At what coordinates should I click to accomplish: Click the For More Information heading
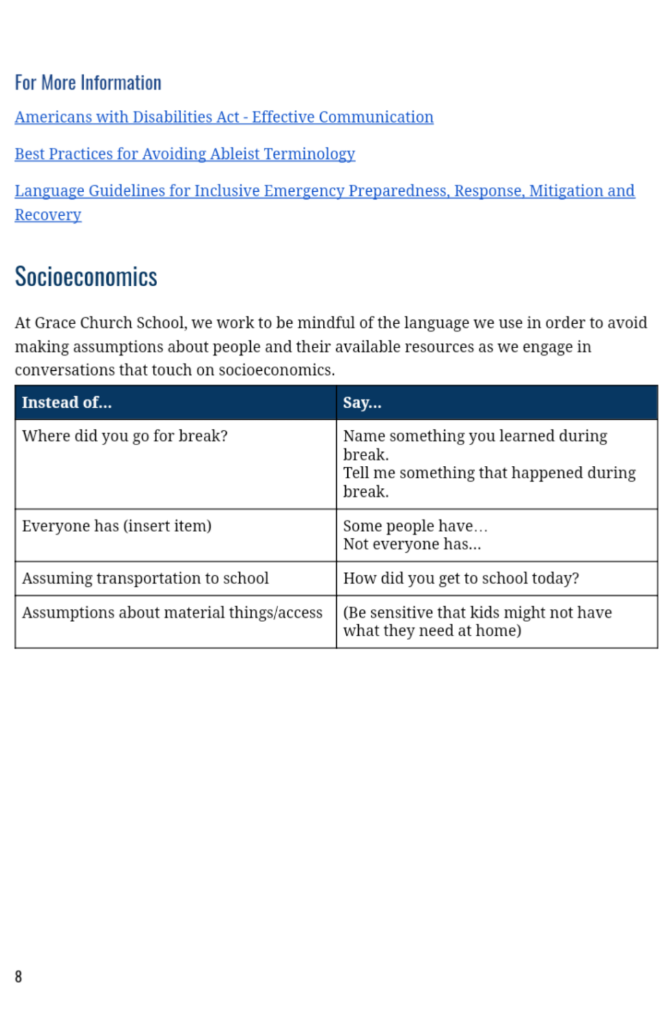pos(88,83)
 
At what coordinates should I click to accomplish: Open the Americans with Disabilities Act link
pos(224,117)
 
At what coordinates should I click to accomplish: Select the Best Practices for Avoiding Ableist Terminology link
pos(185,154)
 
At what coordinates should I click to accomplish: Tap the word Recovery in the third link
pos(48,215)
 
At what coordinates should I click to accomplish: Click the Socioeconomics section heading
pos(86,277)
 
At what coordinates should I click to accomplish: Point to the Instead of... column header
pos(67,402)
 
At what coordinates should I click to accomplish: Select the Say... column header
pos(362,402)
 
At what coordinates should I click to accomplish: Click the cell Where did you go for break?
pos(125,436)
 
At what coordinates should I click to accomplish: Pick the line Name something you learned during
pos(475,436)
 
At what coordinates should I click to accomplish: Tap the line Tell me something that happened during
pos(489,473)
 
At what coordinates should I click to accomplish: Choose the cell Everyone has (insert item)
pos(117,526)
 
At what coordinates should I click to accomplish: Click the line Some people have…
pos(415,526)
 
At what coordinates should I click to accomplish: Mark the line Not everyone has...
pos(412,544)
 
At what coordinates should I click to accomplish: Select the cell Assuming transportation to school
pos(145,579)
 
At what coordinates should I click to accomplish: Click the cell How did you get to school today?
pos(461,579)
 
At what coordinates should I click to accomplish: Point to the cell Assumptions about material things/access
pos(172,613)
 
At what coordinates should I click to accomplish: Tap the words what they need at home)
pos(432,631)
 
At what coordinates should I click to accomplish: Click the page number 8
pos(19,976)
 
